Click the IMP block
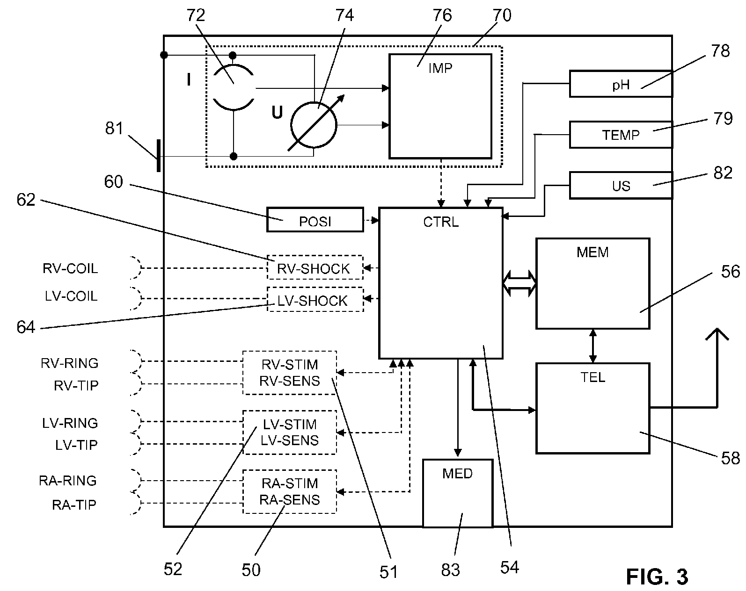[440, 106]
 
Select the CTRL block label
[441, 222]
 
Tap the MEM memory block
[592, 283]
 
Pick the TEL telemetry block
[592, 408]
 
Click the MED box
[458, 493]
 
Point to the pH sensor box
[621, 84]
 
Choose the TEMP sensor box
[621, 135]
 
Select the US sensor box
[621, 186]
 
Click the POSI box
[315, 220]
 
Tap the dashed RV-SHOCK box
[315, 268]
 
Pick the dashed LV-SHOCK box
[315, 300]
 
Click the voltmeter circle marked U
[314, 125]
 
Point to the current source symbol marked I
[234, 87]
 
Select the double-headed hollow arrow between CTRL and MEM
[519, 283]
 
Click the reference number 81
[114, 128]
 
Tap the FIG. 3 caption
[657, 577]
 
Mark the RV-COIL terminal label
[70, 269]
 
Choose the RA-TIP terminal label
[73, 505]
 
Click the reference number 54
[509, 567]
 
